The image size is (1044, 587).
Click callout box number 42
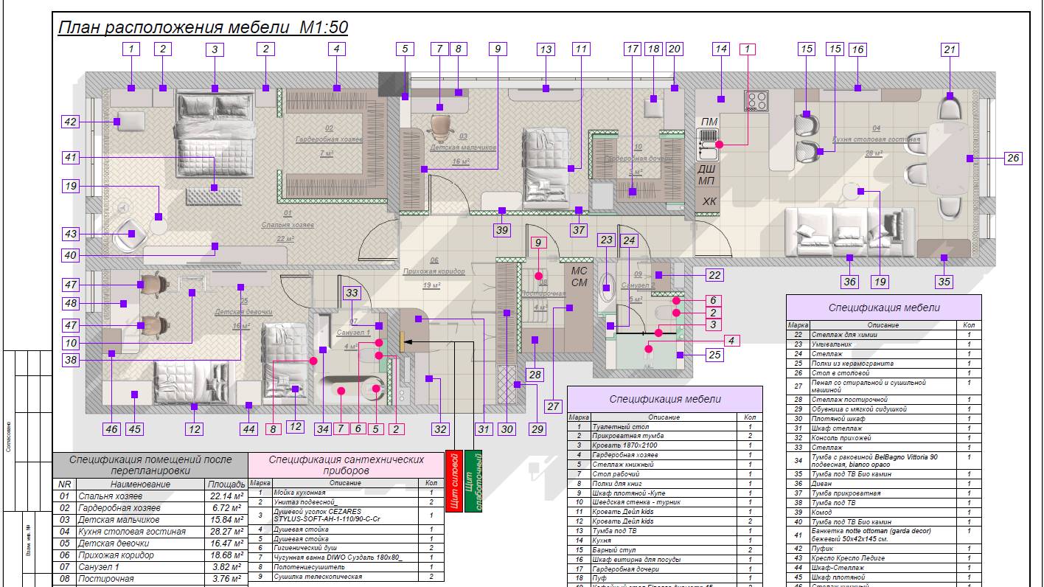pos(70,122)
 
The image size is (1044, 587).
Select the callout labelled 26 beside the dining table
pos(1013,158)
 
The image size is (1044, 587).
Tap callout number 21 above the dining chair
pos(950,50)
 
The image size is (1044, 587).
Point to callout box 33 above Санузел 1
pos(352,293)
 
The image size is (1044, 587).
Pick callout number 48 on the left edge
pos(71,303)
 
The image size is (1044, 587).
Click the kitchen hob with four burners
pos(756,101)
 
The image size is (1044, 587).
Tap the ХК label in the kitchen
pos(709,201)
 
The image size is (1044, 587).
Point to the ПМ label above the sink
pos(709,122)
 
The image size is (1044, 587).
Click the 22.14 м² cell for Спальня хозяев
pos(226,496)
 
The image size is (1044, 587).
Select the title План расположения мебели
pos(203,28)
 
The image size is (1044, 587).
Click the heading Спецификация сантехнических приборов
pos(347,465)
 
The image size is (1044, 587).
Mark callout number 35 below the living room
pos(944,281)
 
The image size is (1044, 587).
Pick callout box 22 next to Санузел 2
pos(714,275)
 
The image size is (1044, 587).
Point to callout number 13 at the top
pos(546,50)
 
